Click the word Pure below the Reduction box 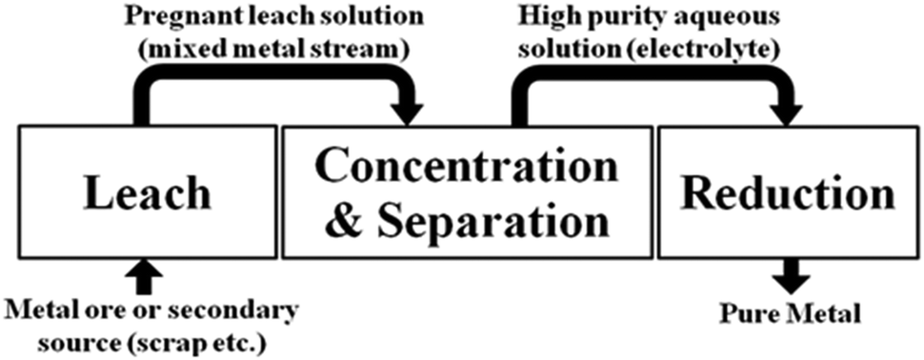742,312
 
